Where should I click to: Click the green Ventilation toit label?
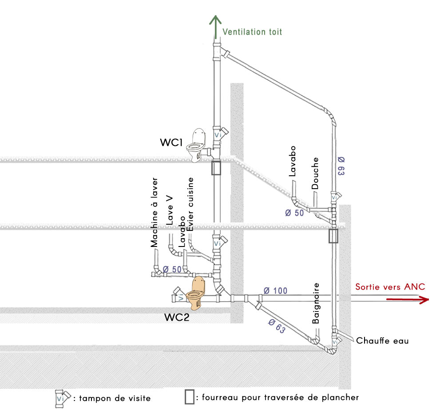(x=252, y=32)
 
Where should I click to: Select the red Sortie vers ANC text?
(x=390, y=287)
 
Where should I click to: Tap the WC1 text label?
(x=172, y=143)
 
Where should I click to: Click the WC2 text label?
(x=177, y=318)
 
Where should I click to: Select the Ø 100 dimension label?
(x=275, y=291)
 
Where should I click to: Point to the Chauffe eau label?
(x=382, y=341)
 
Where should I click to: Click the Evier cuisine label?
(x=191, y=204)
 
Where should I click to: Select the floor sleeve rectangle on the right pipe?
(x=333, y=236)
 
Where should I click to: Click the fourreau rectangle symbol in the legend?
(x=189, y=396)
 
